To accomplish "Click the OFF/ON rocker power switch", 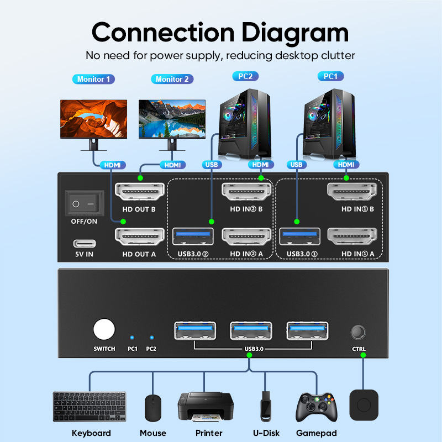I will (85, 203).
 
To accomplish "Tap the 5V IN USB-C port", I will (85, 243).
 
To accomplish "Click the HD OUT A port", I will (140, 238).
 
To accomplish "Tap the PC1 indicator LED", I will (131, 336).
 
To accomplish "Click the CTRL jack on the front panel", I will (359, 333).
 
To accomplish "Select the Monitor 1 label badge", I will (93, 79).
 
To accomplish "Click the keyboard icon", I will (89, 407).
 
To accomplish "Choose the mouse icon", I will (152, 408).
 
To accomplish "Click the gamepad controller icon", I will (316, 407).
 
